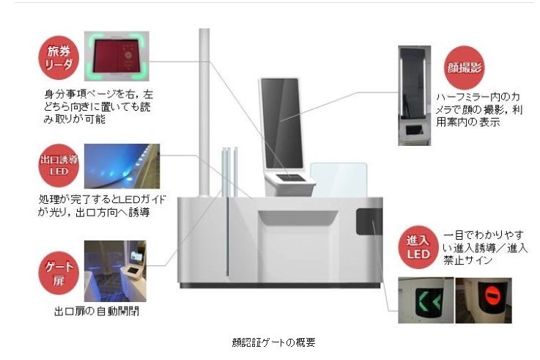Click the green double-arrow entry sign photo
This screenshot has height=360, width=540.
(x=424, y=300)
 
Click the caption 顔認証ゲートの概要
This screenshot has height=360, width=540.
(x=270, y=341)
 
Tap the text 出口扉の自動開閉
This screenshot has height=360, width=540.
(x=97, y=311)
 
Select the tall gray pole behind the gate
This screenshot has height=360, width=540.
(x=204, y=110)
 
